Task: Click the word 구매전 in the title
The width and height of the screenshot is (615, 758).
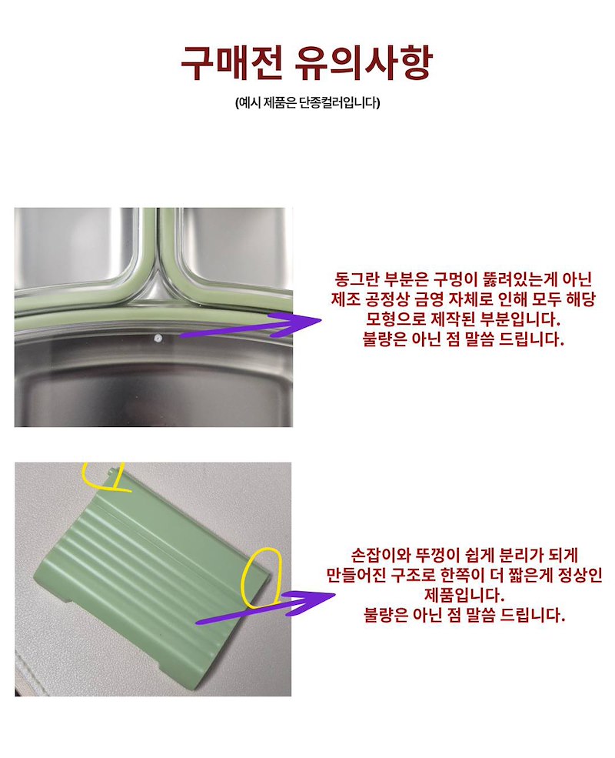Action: pyautogui.click(x=231, y=63)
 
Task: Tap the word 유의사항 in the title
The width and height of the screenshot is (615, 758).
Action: pyautogui.click(x=362, y=63)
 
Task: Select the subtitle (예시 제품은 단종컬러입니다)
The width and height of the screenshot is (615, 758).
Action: pyautogui.click(x=307, y=102)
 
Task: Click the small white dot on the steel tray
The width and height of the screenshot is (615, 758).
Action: pyautogui.click(x=158, y=339)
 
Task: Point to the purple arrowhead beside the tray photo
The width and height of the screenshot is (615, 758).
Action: pyautogui.click(x=299, y=322)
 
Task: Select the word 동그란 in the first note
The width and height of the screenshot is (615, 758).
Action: pyautogui.click(x=357, y=279)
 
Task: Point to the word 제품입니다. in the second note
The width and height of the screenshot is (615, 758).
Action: pyautogui.click(x=464, y=594)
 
